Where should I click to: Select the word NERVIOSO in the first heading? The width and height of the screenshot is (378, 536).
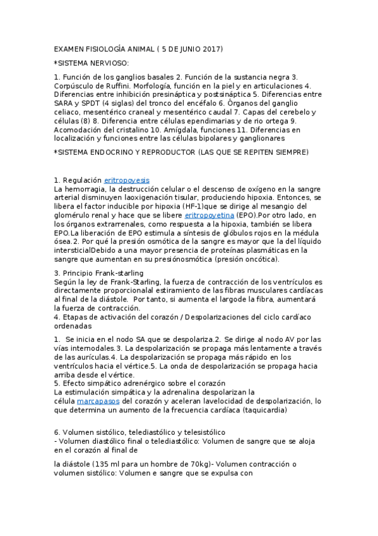click(x=109, y=63)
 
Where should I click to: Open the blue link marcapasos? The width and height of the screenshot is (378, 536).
click(x=95, y=401)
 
